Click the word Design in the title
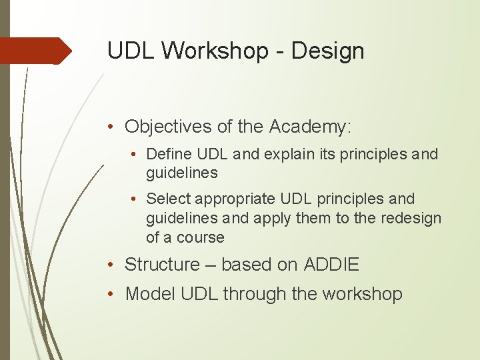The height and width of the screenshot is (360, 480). click(328, 51)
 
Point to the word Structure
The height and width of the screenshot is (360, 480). click(162, 265)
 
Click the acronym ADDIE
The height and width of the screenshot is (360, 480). click(331, 265)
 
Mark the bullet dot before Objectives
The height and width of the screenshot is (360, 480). click(115, 127)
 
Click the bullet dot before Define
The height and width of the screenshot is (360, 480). click(136, 155)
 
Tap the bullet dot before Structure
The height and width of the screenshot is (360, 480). click(115, 265)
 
